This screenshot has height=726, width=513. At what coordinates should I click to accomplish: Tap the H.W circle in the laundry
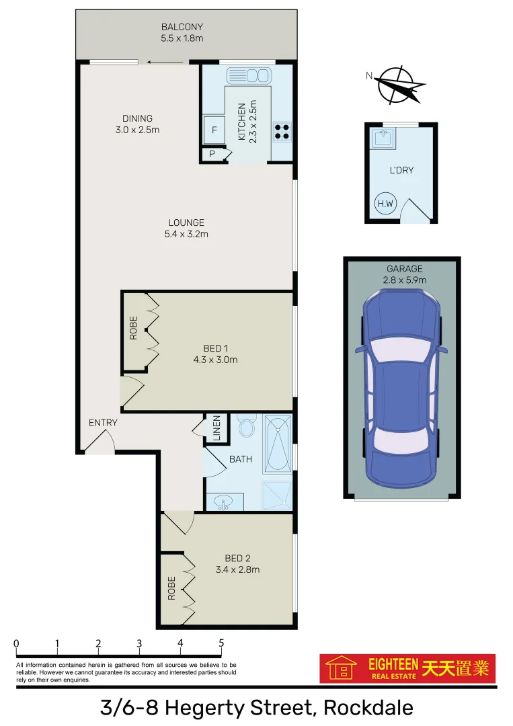tap(385, 204)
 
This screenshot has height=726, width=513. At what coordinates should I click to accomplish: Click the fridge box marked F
tap(214, 130)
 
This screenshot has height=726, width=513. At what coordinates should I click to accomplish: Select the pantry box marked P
tap(212, 154)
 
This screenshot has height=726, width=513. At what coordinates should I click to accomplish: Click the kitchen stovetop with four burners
tap(282, 130)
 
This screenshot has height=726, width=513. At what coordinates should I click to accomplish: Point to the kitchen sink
tap(249, 75)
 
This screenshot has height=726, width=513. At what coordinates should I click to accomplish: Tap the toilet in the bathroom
tap(246, 426)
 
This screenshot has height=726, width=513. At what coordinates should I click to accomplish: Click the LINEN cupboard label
tap(216, 428)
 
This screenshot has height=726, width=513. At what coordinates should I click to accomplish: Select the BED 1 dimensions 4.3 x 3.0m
tap(216, 360)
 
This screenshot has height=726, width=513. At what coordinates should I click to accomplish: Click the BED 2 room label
tap(237, 558)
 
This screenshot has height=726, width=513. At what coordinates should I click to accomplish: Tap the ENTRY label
tap(103, 423)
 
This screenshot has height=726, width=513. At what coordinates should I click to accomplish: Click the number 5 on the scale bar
tap(221, 643)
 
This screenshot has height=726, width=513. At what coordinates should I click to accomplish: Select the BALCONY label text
tap(182, 27)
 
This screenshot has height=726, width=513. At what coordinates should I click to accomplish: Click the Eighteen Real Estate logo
tap(407, 668)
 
